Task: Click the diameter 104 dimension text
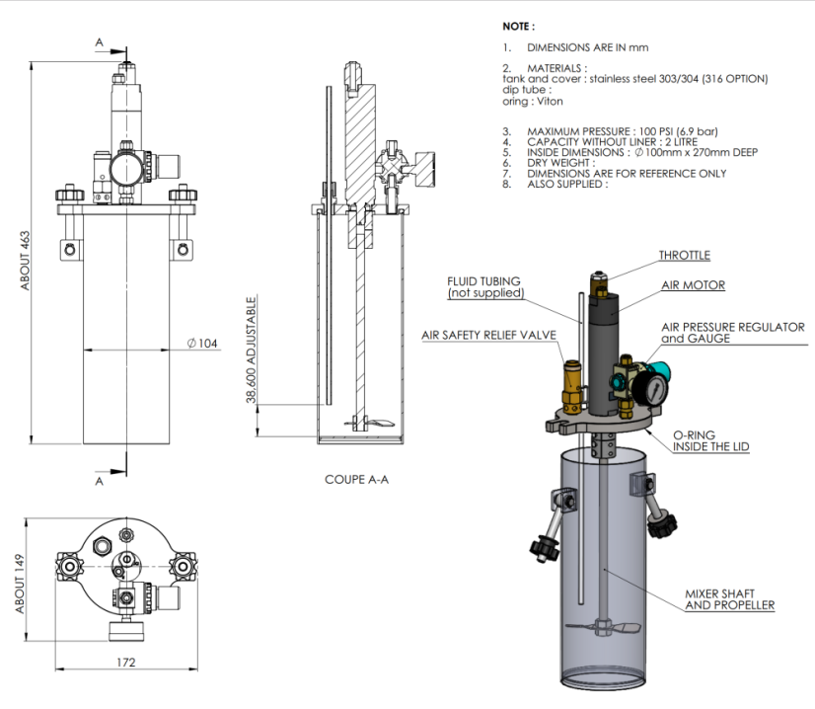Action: (x=201, y=344)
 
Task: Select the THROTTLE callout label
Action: (x=684, y=255)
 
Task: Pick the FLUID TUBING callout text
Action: (x=483, y=287)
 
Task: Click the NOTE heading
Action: (x=520, y=26)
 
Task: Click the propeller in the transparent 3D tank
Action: (x=604, y=628)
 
